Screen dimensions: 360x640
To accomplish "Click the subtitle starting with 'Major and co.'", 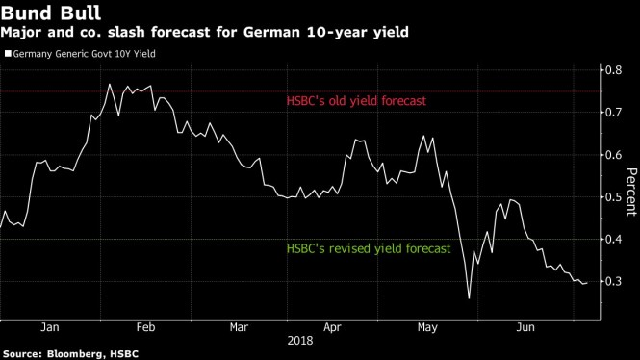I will point(204,33).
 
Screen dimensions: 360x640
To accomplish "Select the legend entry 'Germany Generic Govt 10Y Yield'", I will point(85,54).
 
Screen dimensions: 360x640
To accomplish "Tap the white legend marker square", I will point(9,54).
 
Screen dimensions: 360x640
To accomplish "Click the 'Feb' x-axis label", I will point(143,327).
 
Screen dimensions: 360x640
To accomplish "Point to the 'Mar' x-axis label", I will point(238,327).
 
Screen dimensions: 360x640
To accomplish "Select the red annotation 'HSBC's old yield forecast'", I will point(355,101).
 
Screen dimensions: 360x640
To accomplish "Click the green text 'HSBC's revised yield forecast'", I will point(368,248).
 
